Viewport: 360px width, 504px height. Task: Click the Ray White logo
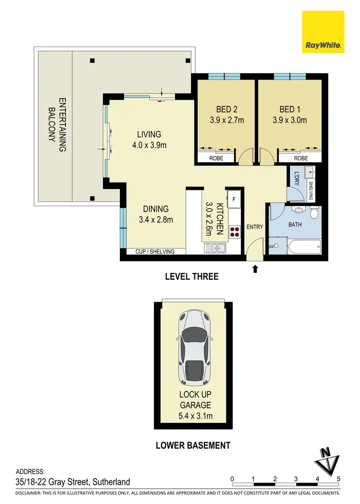pos(323,32)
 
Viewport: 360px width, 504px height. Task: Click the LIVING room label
pos(148,134)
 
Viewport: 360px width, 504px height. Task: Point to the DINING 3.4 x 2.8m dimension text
pos(156,220)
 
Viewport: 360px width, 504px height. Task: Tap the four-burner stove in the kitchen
pos(234,232)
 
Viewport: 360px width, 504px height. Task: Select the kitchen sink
pos(216,248)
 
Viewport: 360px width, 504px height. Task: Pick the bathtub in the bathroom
pos(304,248)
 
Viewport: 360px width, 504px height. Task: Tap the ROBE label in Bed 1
pos(300,158)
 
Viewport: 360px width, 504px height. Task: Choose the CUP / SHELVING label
pos(155,252)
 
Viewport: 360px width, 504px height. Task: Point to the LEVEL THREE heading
pos(192,277)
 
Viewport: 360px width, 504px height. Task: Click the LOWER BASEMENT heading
pos(193,445)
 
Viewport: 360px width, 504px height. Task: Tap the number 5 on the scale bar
pos(339,479)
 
